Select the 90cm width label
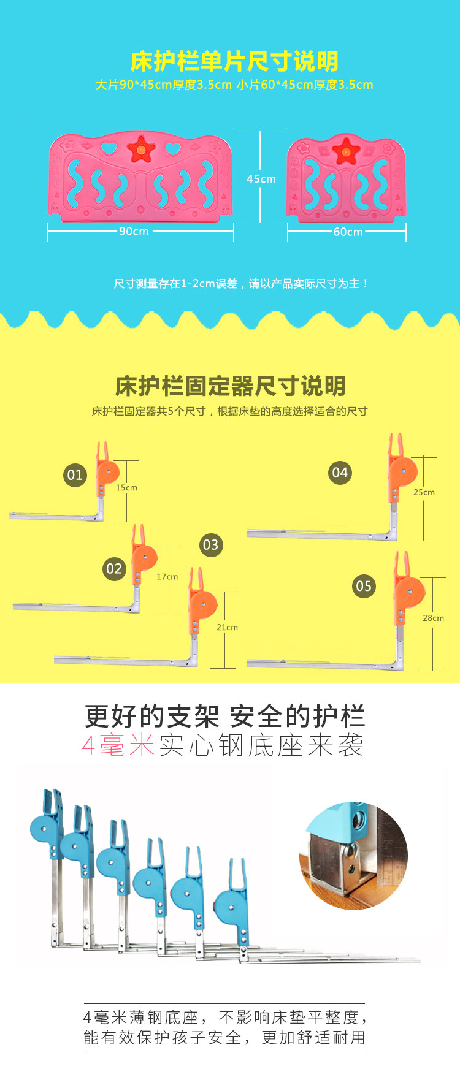134,231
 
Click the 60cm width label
348,232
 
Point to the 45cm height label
261,179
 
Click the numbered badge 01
75,475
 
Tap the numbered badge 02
114,568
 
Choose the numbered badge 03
210,545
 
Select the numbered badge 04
340,473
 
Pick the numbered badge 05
364,586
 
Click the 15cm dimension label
126,488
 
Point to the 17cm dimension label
167,577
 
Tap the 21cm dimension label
227,627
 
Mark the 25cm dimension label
424,492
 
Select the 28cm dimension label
433,618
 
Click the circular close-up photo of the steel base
353,856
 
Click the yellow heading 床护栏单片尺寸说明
234,61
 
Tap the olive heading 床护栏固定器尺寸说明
231,386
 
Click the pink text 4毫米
118,745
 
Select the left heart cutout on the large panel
109,148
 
